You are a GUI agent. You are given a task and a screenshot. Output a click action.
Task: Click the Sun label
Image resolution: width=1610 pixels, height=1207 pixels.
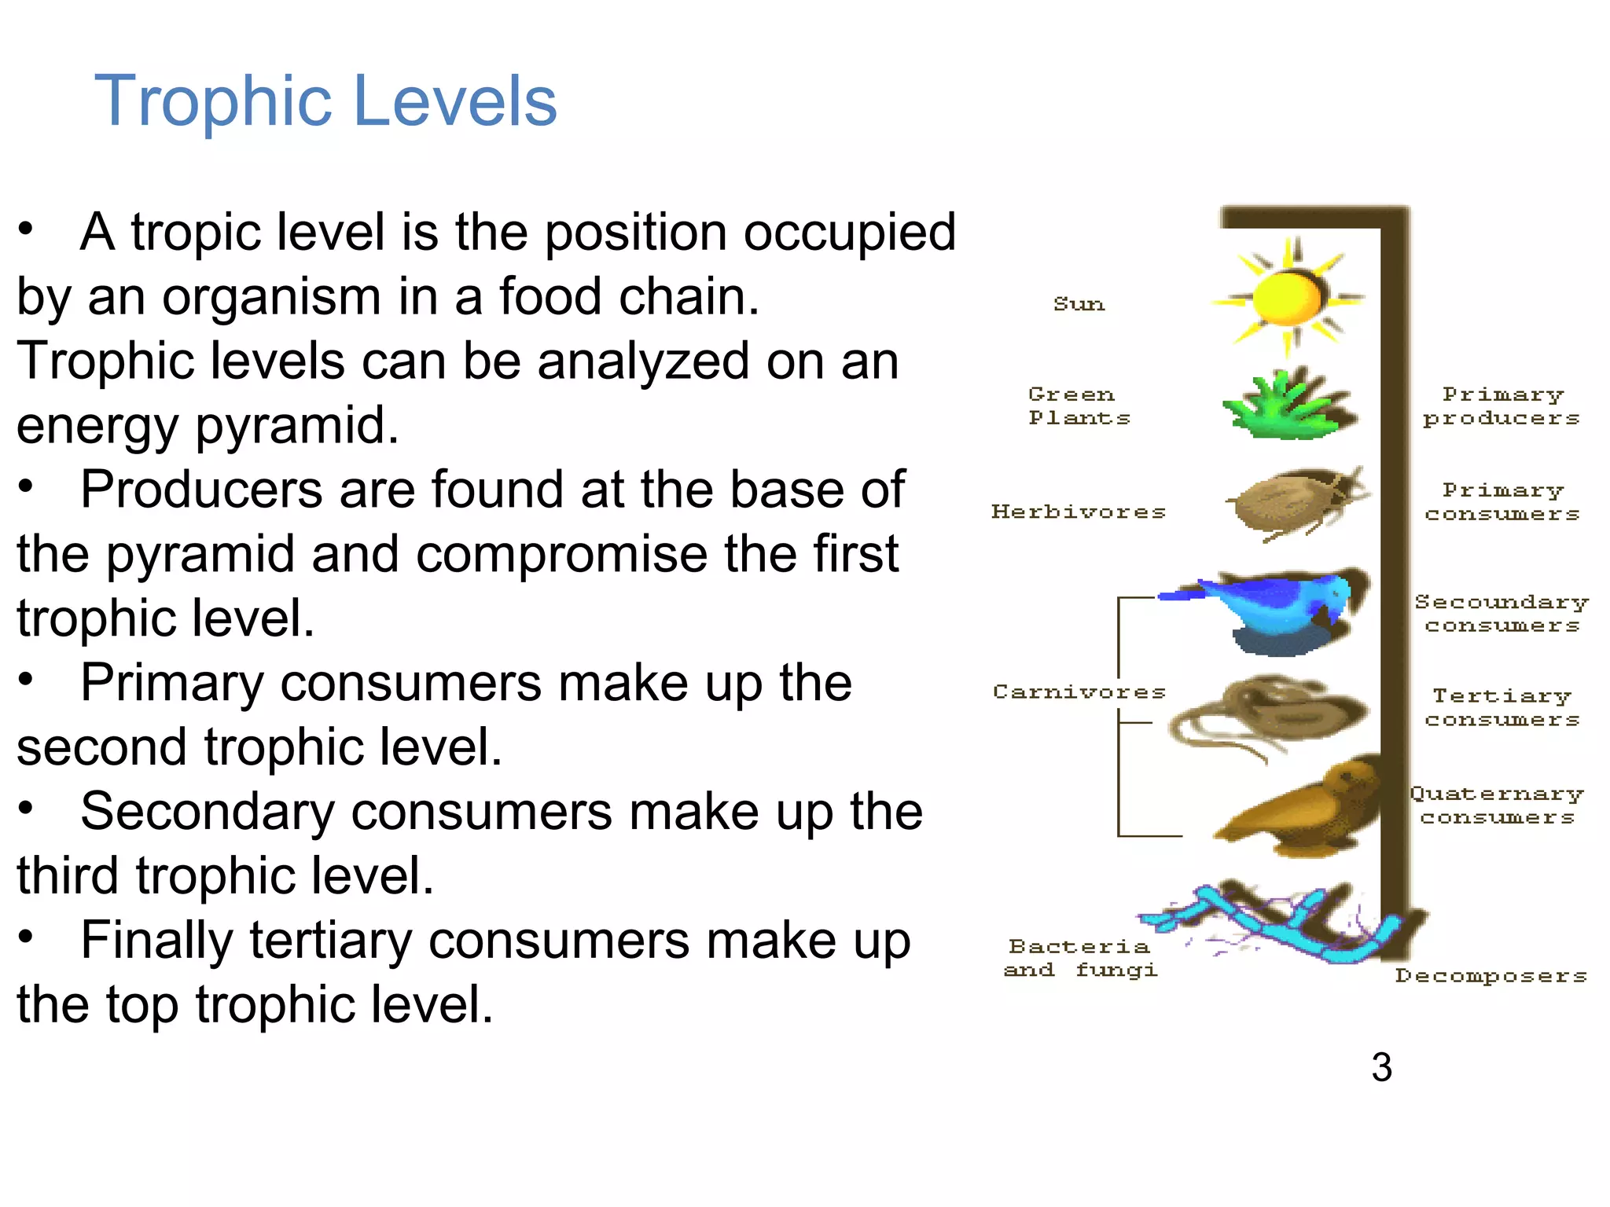[x=1079, y=304]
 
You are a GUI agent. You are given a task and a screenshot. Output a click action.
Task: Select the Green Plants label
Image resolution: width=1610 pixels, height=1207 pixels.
[x=1079, y=406]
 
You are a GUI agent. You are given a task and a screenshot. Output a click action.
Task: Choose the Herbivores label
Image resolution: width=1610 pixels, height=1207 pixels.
[x=1079, y=512]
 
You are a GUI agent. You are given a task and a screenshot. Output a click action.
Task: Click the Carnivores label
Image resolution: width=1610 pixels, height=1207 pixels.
[x=1079, y=692]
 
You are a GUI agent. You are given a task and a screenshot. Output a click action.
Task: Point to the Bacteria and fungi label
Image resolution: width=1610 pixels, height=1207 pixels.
[x=1080, y=958]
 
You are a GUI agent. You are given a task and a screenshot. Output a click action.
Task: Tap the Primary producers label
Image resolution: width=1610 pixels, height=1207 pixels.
[x=1502, y=406]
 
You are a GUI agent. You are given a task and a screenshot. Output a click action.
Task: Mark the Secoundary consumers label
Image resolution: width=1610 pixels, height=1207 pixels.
[x=1502, y=613]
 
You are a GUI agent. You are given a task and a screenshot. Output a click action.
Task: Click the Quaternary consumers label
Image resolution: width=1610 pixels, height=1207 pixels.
[x=1497, y=805]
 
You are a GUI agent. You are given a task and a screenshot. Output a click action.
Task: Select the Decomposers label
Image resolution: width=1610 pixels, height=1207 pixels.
[x=1491, y=976]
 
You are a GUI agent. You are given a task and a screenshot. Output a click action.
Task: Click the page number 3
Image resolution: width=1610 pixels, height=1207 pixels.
[x=1381, y=1067]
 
